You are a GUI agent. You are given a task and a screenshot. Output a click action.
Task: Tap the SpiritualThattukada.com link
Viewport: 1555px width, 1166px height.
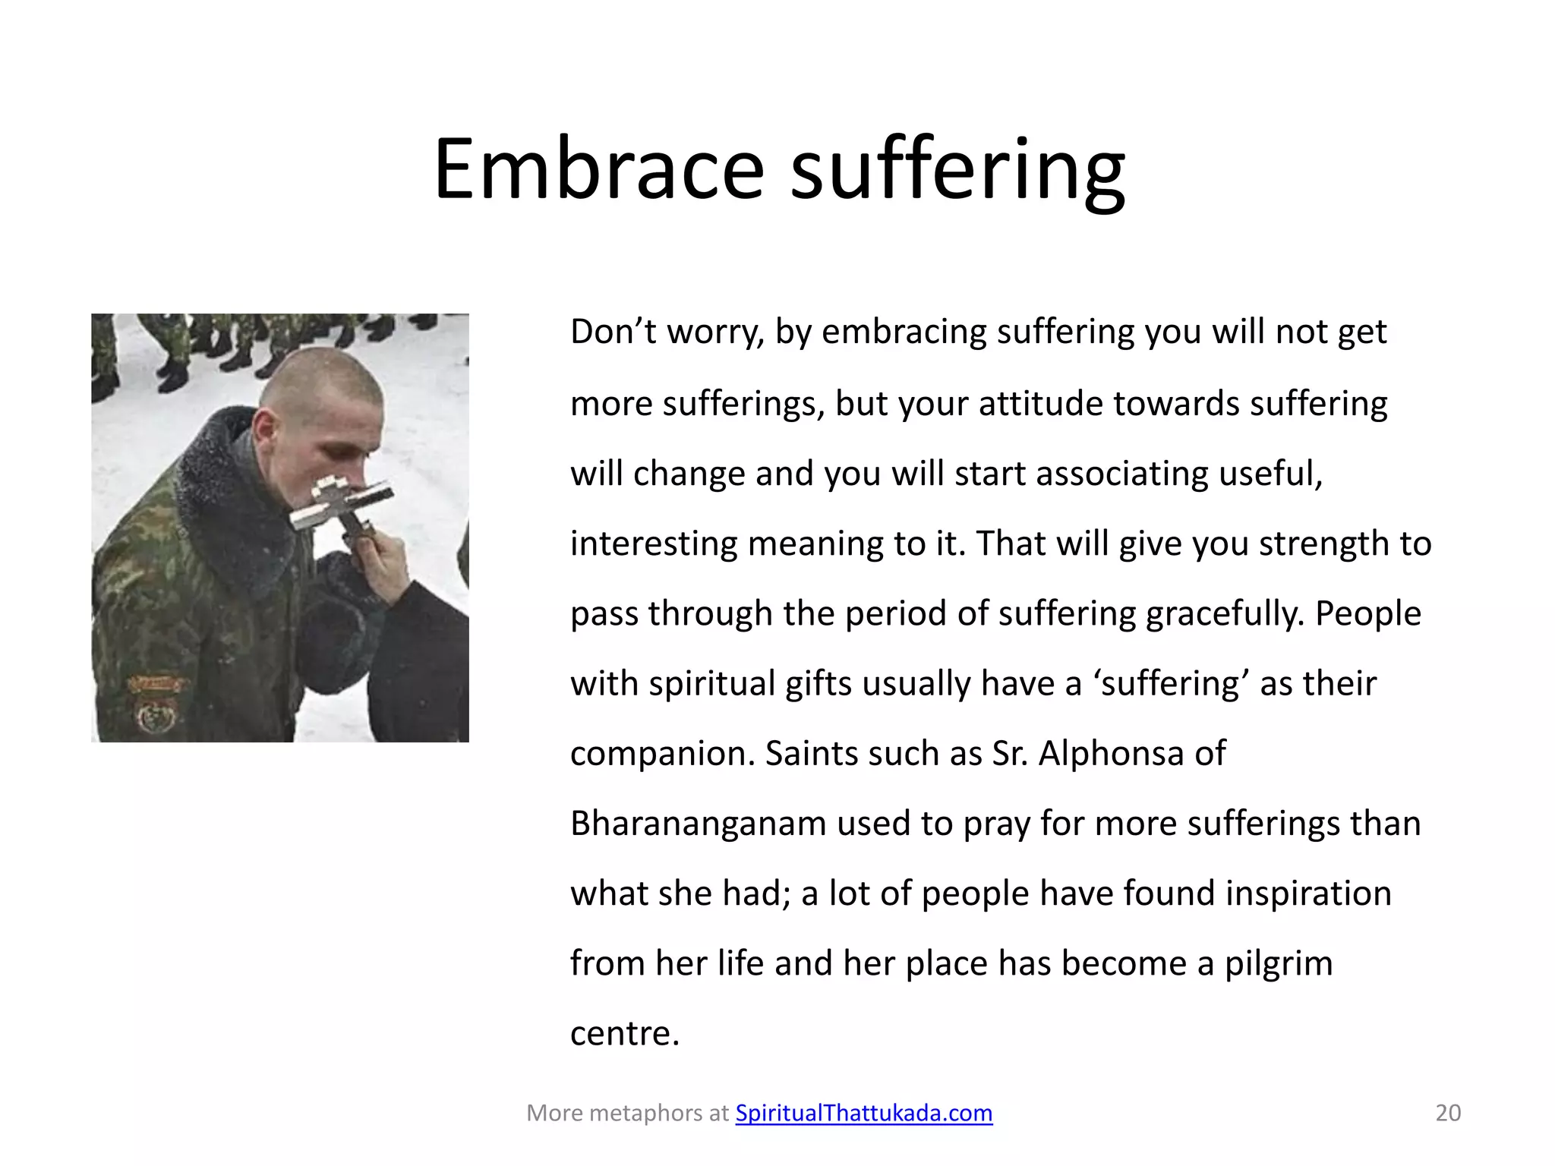tap(863, 1113)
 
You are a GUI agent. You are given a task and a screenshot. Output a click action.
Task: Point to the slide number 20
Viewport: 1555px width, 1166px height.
tap(1447, 1113)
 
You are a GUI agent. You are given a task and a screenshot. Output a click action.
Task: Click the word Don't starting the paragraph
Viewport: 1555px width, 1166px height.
tap(613, 332)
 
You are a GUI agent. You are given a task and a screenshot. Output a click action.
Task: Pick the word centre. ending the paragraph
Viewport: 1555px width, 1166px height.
tap(624, 1033)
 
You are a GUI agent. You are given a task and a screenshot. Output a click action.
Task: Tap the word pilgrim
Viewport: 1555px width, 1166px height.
tap(1278, 963)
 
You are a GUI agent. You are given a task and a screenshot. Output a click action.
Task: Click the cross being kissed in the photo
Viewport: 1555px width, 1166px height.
tap(342, 505)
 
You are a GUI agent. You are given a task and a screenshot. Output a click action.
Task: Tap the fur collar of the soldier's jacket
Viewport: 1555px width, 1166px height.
tap(228, 501)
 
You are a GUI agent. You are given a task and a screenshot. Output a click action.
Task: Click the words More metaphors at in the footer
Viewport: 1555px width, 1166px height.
tap(627, 1113)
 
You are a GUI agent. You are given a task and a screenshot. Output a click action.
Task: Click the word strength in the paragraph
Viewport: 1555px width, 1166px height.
tap(1328, 544)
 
